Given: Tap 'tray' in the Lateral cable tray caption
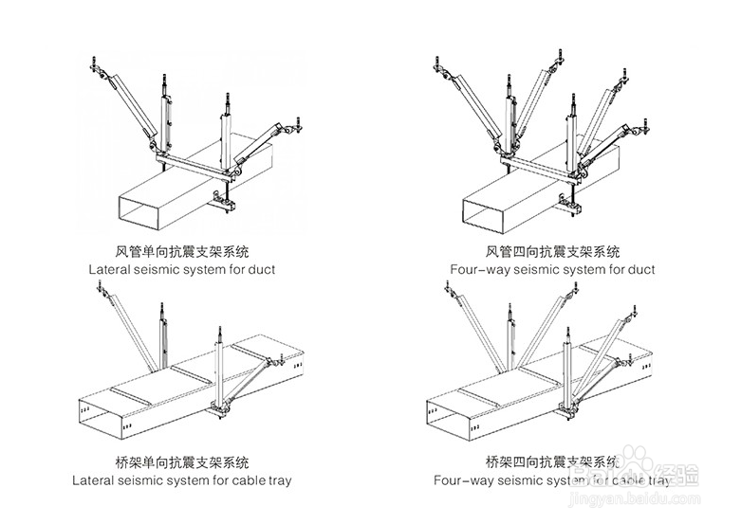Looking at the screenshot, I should pos(278,480).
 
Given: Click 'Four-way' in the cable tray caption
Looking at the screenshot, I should pos(462,480).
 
